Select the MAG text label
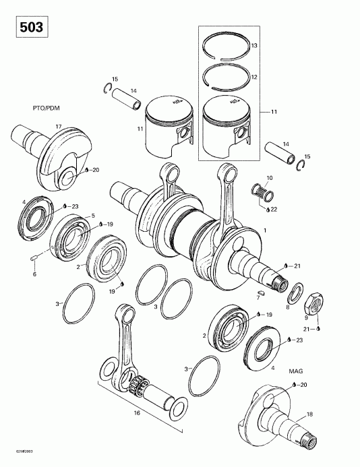point(295,371)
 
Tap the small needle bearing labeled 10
point(263,192)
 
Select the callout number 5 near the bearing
point(93,216)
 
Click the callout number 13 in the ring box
point(273,45)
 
